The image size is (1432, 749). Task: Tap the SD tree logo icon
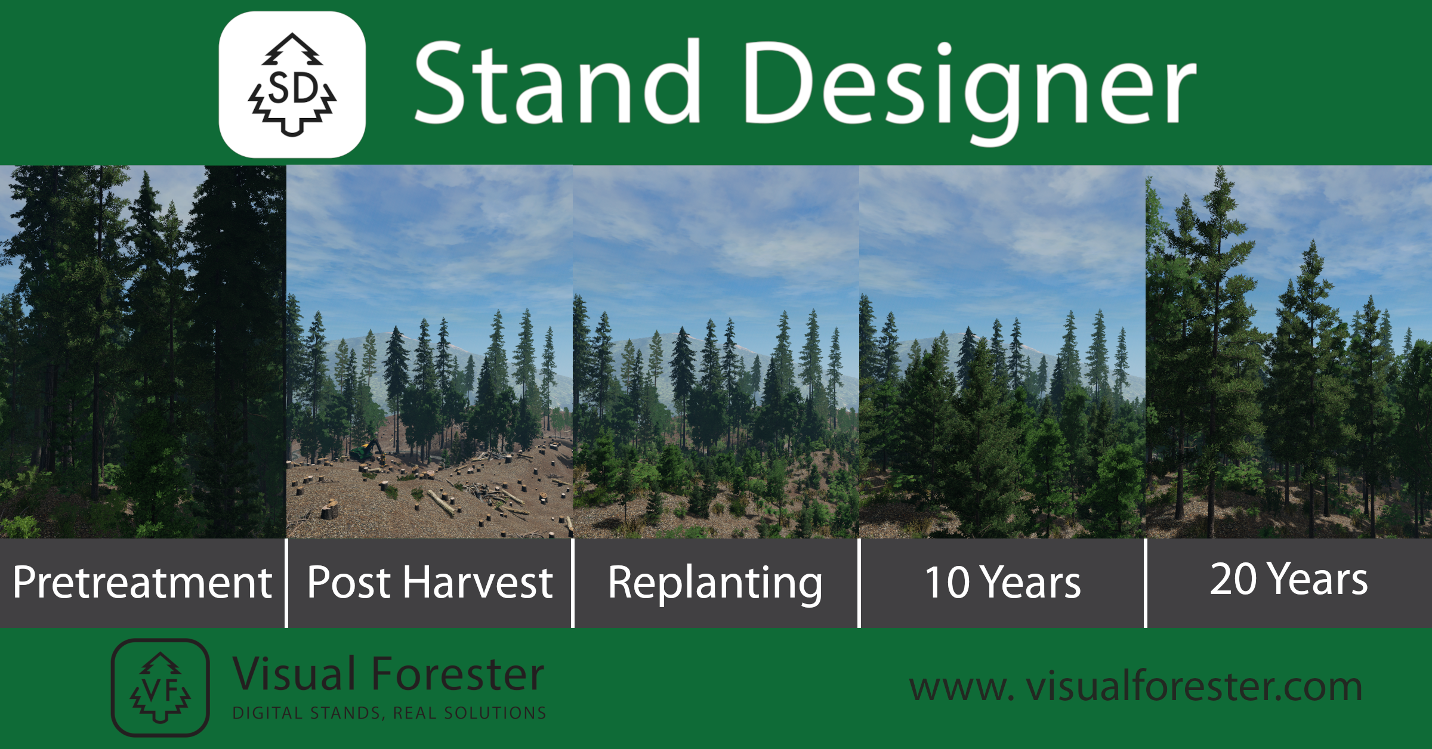pyautogui.click(x=292, y=84)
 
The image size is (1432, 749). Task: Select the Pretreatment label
pyautogui.click(x=143, y=583)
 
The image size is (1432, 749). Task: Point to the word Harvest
pyautogui.click(x=478, y=582)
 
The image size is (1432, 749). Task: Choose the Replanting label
pyautogui.click(x=715, y=584)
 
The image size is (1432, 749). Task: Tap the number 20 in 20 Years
pyautogui.click(x=1234, y=579)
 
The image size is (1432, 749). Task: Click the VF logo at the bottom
pyautogui.click(x=161, y=688)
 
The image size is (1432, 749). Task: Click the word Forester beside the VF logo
pyautogui.click(x=458, y=674)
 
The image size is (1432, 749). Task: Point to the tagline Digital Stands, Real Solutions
pyautogui.click(x=389, y=713)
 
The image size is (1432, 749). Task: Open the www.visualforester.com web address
pyautogui.click(x=1136, y=686)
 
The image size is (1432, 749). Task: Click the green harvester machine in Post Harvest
pyautogui.click(x=365, y=451)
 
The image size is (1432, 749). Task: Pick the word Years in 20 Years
pyautogui.click(x=1318, y=579)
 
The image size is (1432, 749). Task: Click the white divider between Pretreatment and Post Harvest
pyautogui.click(x=286, y=583)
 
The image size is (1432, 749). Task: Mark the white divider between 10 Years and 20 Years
pyautogui.click(x=1146, y=583)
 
